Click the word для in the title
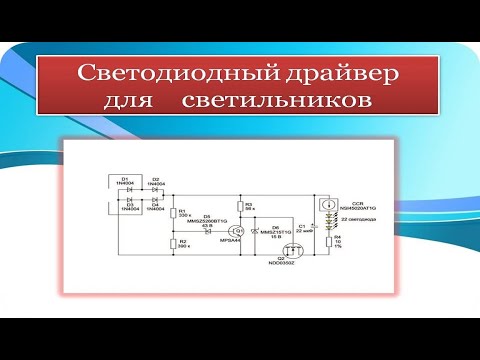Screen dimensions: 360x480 [130, 101]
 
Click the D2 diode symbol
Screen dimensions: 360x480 [155, 188]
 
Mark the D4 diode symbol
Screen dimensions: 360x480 [155, 201]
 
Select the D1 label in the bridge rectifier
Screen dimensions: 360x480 [124, 179]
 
